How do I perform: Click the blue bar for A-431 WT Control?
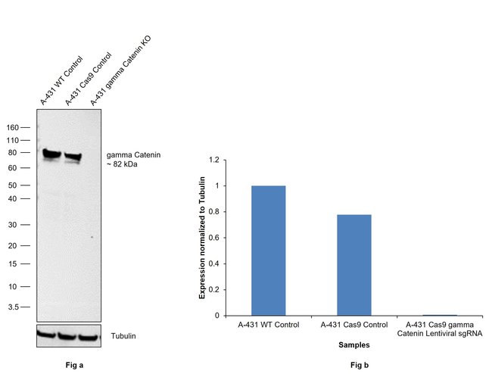[268, 250]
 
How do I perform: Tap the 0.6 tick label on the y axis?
[214, 238]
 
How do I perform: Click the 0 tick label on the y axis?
[216, 316]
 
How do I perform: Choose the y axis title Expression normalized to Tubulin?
[202, 238]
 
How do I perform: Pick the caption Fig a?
[73, 366]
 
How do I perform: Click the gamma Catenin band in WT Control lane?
[51, 154]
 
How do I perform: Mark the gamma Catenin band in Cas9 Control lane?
[73, 157]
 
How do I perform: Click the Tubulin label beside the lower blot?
[124, 335]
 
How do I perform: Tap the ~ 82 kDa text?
[123, 165]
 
